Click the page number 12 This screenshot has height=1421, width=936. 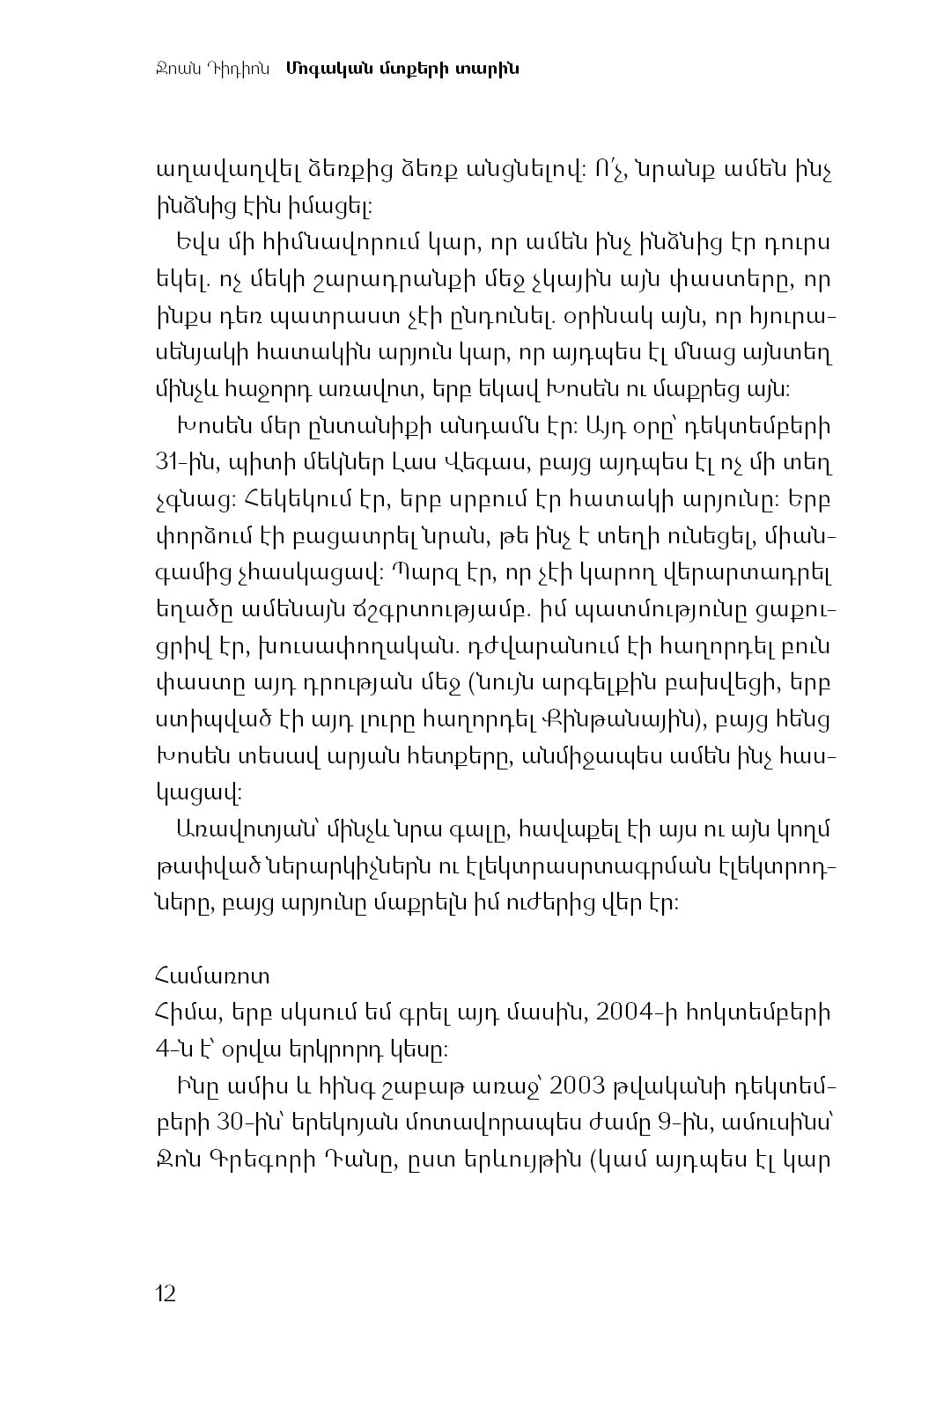point(166,1293)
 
